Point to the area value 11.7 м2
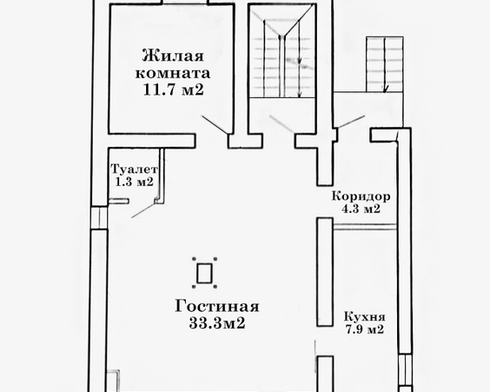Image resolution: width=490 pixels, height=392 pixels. point(170,89)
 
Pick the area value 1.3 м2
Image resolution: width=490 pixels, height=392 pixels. point(133,183)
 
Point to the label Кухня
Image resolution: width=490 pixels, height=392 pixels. point(360,317)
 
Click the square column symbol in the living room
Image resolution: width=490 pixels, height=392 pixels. point(204,274)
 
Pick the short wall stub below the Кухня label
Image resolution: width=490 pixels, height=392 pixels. point(325,374)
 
